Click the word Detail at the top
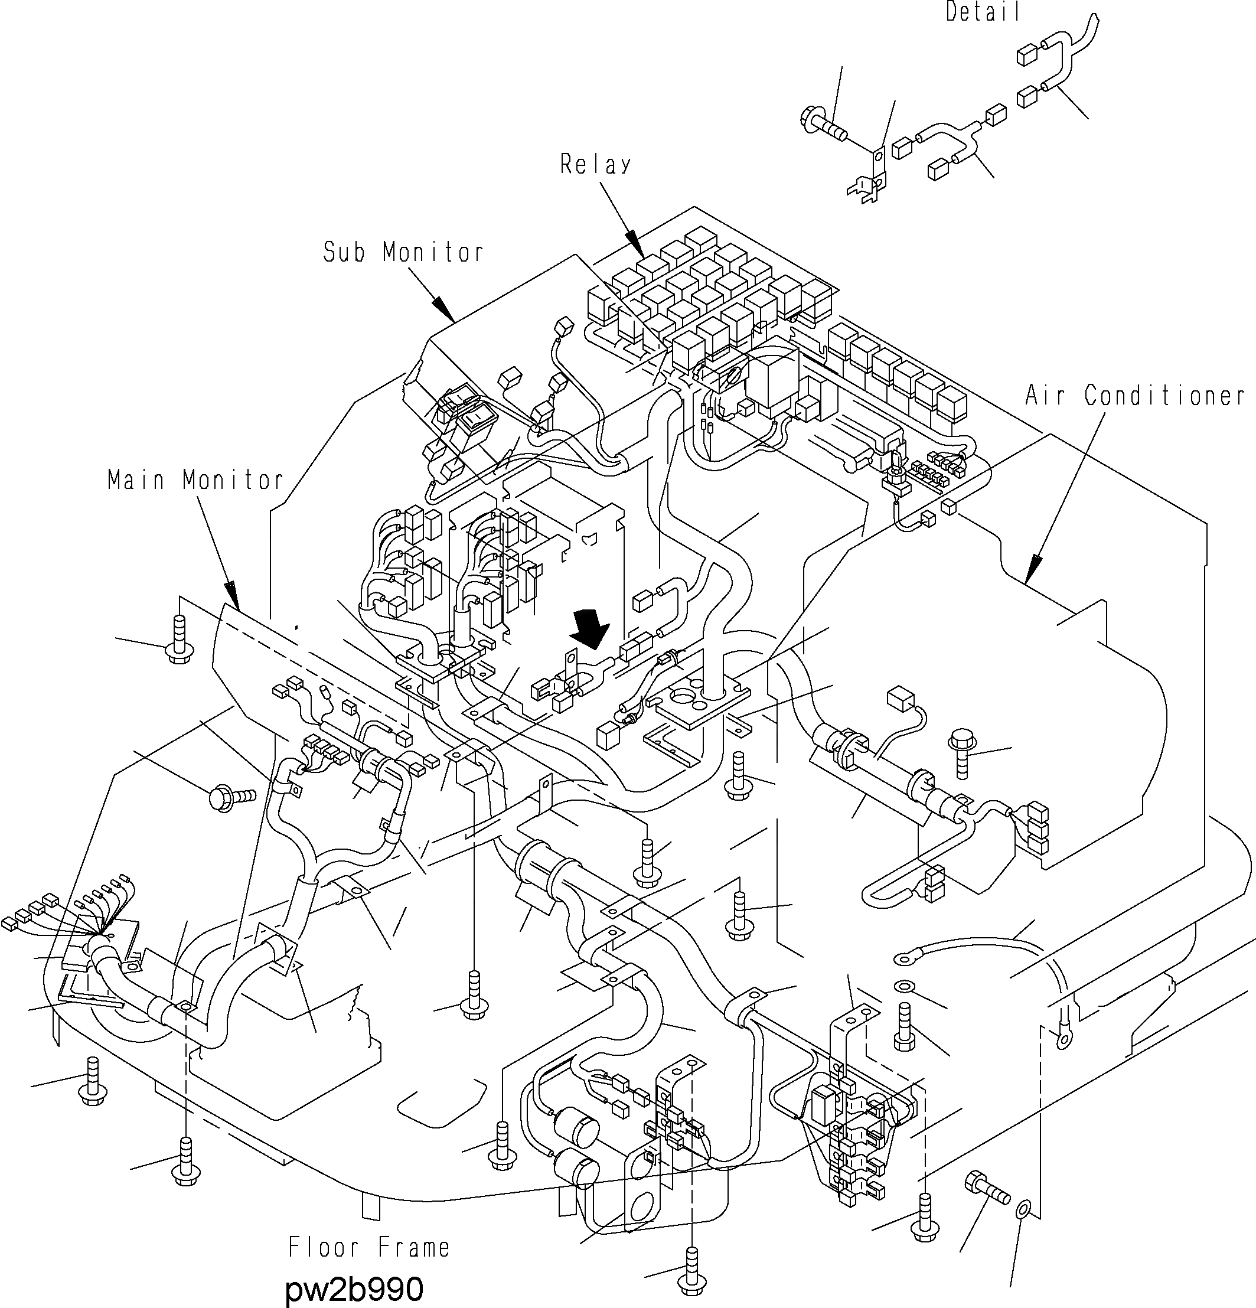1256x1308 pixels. click(983, 12)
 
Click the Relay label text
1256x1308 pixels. click(595, 164)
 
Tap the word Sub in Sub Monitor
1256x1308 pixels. click(344, 252)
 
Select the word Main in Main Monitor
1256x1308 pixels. click(137, 480)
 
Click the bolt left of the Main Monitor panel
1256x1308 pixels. click(178, 641)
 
